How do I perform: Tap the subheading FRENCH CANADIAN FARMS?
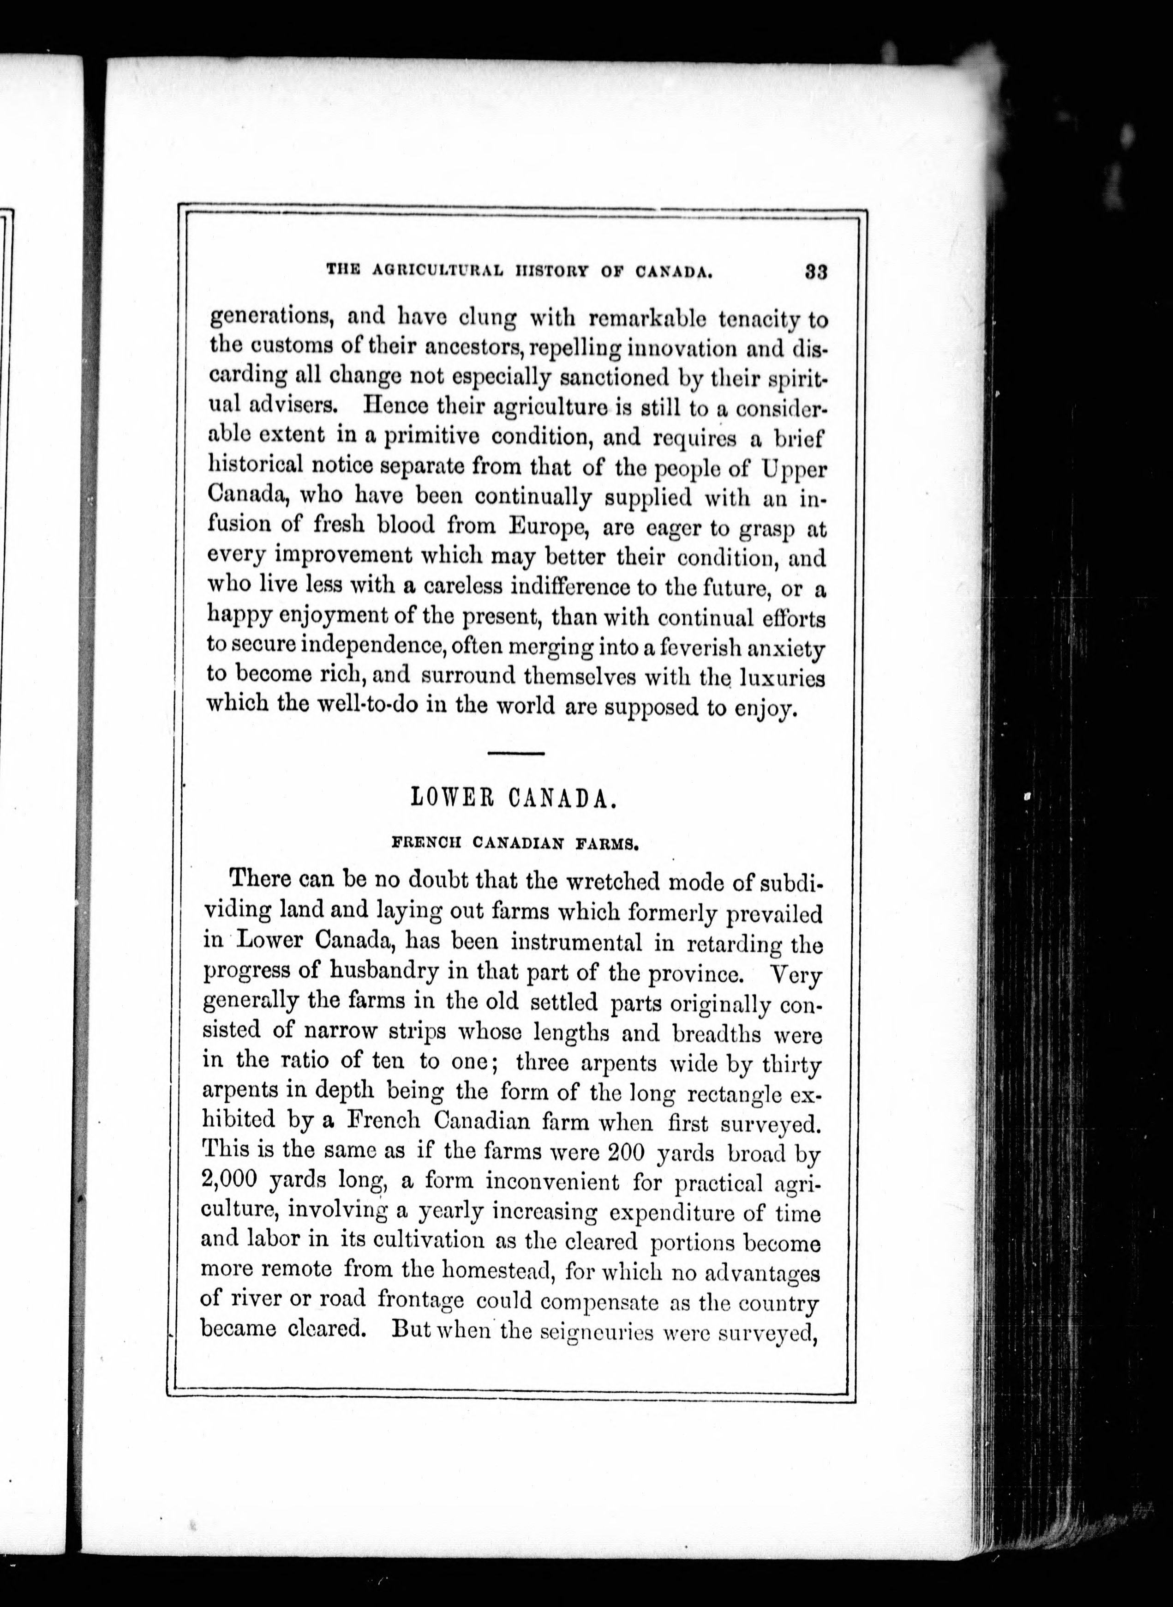pyautogui.click(x=517, y=845)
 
